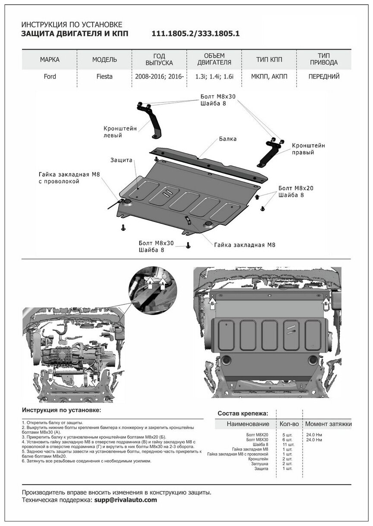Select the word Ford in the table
pos(49,77)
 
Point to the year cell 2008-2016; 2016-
pos(160,77)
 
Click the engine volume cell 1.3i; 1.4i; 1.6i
pos(214,77)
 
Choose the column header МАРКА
pos(49,59)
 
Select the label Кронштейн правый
pos(308,149)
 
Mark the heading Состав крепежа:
pos(242,413)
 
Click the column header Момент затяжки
pos(328,424)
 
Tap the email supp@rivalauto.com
pos(125,500)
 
